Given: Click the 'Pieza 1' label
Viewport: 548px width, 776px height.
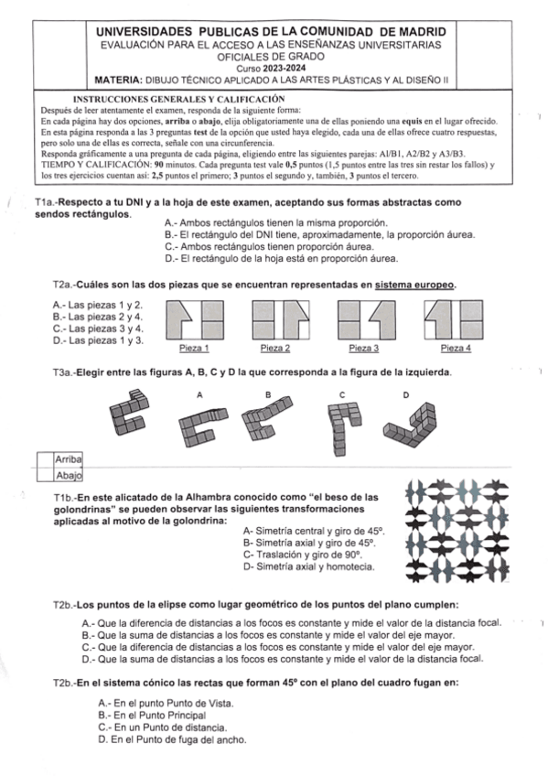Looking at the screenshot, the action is [x=194, y=349].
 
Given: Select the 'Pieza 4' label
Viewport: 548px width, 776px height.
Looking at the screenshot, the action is [x=456, y=349].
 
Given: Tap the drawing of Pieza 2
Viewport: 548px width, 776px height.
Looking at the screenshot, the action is [x=281, y=319].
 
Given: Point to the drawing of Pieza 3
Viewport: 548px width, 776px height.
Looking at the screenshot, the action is [x=367, y=319].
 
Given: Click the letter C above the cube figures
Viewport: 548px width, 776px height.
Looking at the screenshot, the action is [x=342, y=395].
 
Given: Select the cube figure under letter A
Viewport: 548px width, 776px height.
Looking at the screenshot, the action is [x=203, y=427].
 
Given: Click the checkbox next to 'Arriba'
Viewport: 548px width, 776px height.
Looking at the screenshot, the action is [x=45, y=459].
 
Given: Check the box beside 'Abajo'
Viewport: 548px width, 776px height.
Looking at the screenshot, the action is [x=45, y=475].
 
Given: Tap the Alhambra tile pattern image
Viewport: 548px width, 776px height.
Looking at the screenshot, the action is [x=457, y=531].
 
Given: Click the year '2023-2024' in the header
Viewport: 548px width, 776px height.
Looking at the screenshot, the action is [x=284, y=69].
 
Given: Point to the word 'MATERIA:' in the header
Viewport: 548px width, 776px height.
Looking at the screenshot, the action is [x=119, y=81].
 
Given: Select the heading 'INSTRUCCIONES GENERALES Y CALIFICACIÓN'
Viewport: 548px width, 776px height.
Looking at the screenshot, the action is [x=178, y=99].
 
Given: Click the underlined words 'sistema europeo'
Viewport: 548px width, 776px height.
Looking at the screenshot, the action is [x=414, y=286].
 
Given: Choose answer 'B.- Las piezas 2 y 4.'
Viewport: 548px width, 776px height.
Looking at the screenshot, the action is [x=98, y=317].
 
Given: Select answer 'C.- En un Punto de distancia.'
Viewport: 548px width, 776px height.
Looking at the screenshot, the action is [x=163, y=727].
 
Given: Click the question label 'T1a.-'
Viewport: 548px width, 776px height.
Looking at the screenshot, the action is [x=47, y=202].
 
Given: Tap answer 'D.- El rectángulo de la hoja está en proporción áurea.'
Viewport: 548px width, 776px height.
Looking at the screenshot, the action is [x=282, y=258].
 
